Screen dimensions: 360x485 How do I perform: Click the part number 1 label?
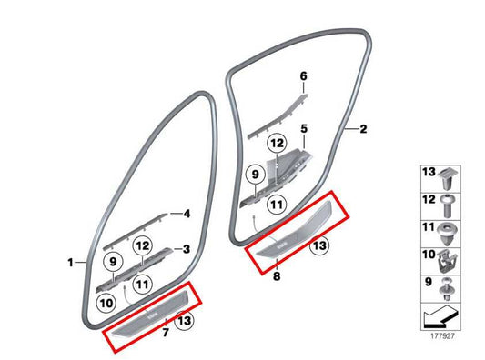[x=71, y=264]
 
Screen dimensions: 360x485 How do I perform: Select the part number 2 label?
[x=363, y=130]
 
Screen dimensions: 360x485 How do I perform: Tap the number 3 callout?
[x=186, y=248]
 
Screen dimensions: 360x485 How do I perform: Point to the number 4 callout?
[x=186, y=215]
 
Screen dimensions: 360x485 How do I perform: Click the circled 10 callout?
[x=106, y=302]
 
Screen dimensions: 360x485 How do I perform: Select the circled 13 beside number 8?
[x=318, y=244]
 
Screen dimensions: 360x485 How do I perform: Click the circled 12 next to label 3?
[x=141, y=245]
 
